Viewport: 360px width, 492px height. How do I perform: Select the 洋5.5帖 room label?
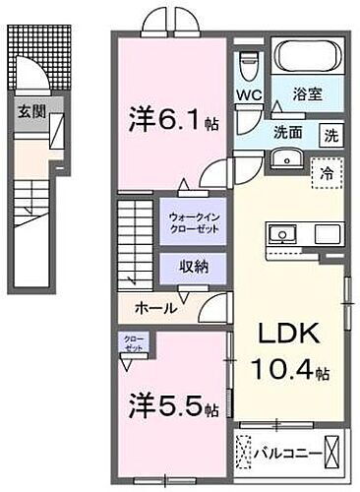tap(169, 405)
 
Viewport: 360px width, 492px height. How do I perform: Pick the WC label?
tap(248, 95)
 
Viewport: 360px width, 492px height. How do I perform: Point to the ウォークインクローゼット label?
tap(192, 221)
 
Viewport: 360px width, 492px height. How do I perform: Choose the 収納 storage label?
tap(192, 267)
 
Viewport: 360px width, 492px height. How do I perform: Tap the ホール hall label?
tap(157, 308)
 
